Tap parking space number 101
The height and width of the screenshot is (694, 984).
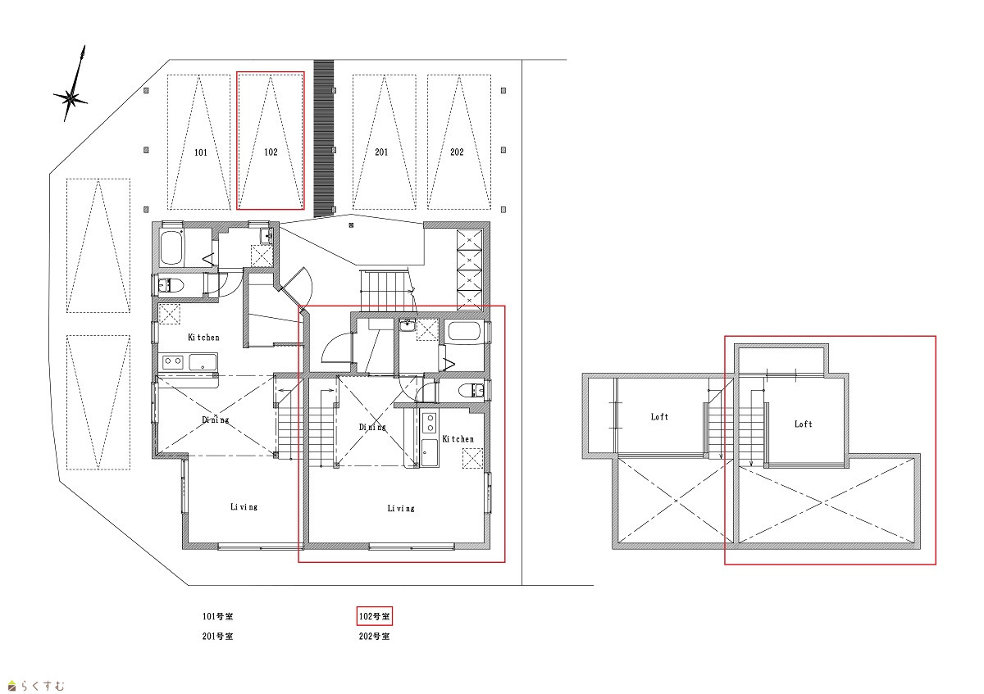201,152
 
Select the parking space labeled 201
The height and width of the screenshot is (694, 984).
381,152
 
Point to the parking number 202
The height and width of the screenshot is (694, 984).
457,152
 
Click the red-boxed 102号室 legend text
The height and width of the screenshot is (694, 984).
374,616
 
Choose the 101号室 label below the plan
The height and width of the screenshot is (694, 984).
217,616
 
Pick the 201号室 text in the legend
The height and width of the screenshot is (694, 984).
217,636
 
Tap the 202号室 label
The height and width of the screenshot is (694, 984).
374,636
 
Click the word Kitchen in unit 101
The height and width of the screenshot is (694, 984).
203,337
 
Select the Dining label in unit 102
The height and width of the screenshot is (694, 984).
372,427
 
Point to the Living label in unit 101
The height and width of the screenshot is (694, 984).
244,507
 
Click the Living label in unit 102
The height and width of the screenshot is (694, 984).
401,508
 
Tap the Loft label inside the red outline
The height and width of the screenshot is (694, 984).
803,424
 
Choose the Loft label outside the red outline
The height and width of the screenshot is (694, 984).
659,416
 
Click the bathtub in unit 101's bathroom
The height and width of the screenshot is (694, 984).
171,247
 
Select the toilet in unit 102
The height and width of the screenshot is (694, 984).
471,390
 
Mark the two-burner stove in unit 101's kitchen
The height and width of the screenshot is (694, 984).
173,362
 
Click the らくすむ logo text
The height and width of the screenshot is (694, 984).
42,686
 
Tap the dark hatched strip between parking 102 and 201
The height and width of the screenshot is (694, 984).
324,138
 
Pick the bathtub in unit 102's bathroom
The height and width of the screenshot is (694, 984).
464,331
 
